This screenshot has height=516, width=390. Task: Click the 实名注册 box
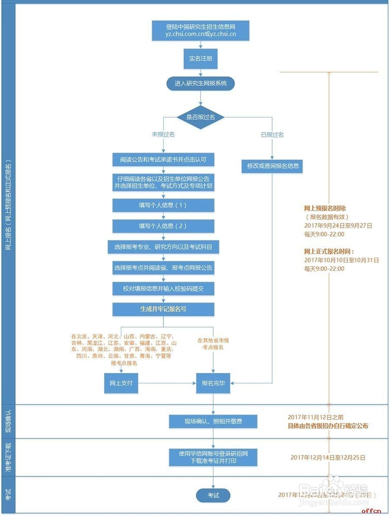click(x=201, y=58)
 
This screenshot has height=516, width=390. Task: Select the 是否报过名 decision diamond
click(x=201, y=117)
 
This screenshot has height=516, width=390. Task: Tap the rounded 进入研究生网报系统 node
click(x=201, y=83)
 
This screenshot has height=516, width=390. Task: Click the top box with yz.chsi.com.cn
click(x=201, y=30)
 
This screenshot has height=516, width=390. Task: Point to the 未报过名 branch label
click(x=163, y=135)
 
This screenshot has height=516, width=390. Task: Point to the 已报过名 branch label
click(x=272, y=135)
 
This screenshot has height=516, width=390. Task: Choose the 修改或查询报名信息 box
click(x=273, y=166)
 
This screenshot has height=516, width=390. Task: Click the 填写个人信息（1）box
click(x=163, y=205)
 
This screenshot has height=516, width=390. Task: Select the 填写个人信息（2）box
click(x=163, y=226)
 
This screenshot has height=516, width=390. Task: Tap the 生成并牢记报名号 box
click(x=163, y=309)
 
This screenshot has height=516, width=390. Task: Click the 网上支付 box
click(x=121, y=383)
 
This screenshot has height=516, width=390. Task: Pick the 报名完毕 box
click(x=213, y=383)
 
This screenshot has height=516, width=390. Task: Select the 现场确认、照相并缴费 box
click(x=213, y=421)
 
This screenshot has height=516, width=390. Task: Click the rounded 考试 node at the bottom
click(x=213, y=495)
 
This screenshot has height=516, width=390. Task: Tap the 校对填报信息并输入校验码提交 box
click(x=163, y=289)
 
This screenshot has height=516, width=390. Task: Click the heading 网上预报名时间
click(x=325, y=208)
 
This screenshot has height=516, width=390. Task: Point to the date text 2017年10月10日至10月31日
click(x=341, y=260)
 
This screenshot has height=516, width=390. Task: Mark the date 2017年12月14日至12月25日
click(x=328, y=458)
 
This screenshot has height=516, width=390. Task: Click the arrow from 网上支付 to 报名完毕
click(x=167, y=383)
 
